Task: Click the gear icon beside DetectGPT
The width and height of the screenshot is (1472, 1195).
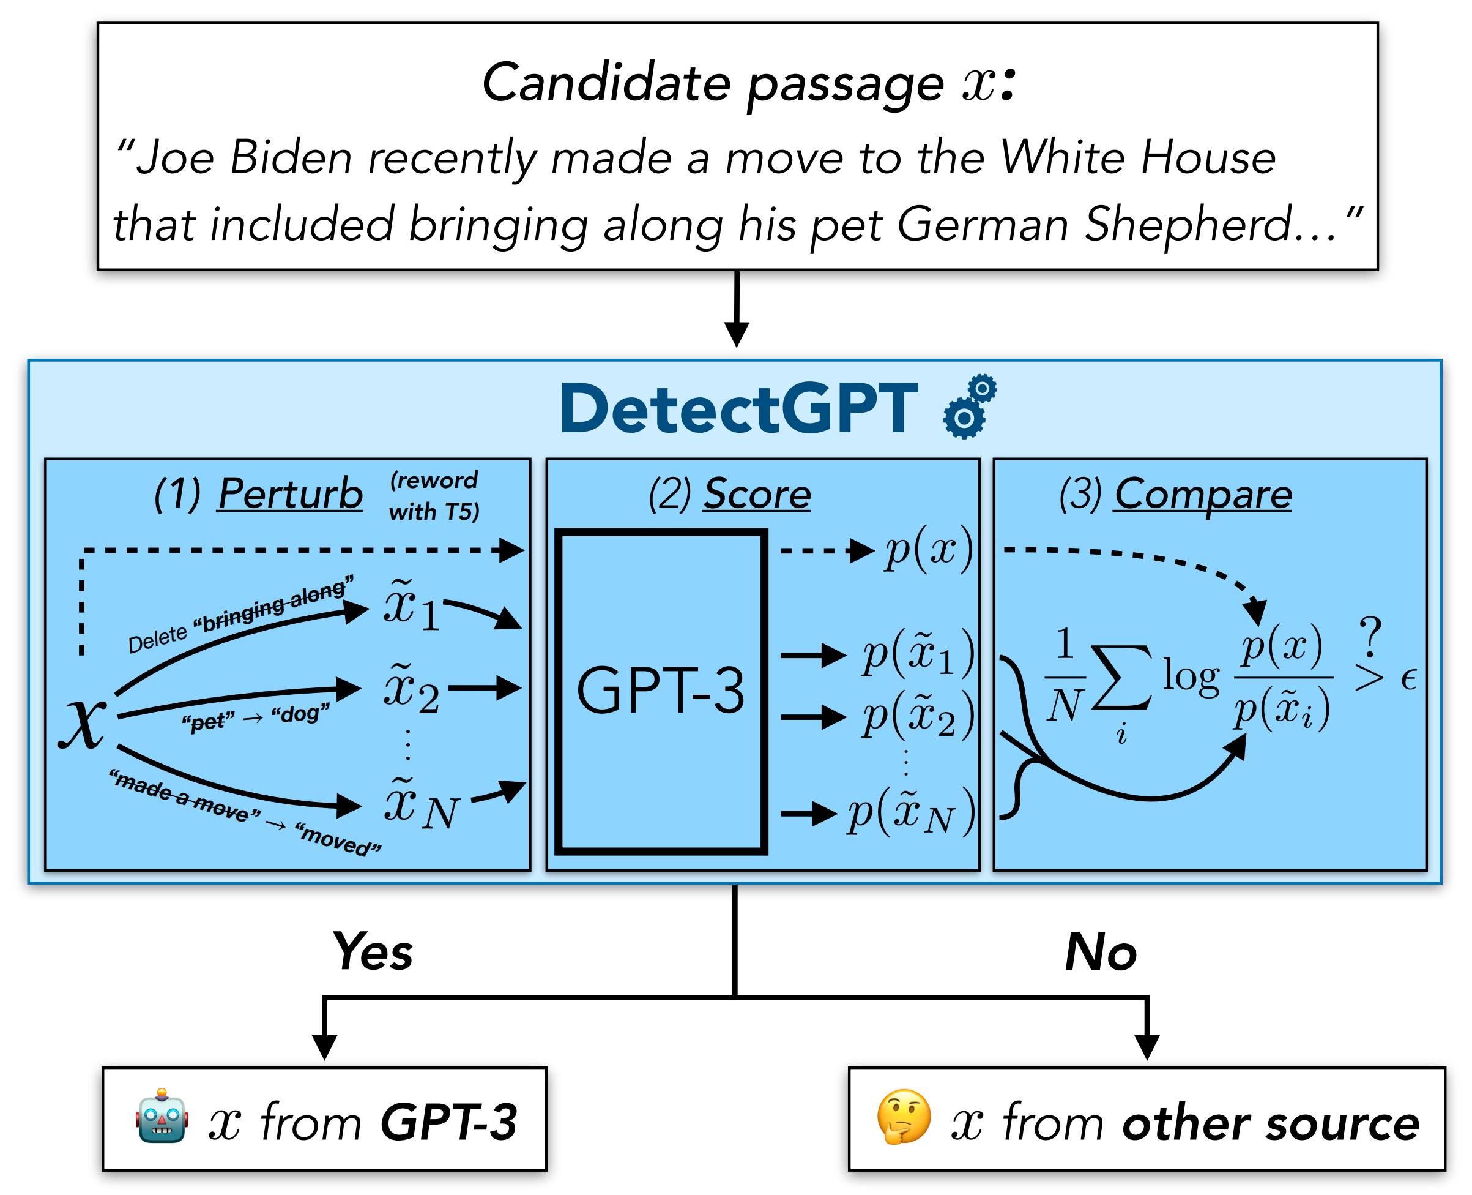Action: [x=969, y=407]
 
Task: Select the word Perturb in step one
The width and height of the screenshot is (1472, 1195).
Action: [x=290, y=493]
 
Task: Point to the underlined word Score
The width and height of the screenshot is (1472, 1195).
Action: [x=757, y=493]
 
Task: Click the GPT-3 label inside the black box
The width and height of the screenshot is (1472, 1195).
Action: [x=660, y=691]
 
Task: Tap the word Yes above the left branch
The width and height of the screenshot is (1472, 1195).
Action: [x=372, y=952]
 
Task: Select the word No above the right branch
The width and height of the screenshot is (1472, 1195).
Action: [x=1101, y=952]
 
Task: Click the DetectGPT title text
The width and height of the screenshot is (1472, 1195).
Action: [x=740, y=409]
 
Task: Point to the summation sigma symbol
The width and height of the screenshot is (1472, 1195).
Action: [x=1121, y=678]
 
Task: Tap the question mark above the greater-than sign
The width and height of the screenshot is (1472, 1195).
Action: [x=1370, y=637]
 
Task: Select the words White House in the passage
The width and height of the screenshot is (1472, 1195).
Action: [x=1138, y=157]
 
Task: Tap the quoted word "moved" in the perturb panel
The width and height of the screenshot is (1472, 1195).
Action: [x=338, y=839]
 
